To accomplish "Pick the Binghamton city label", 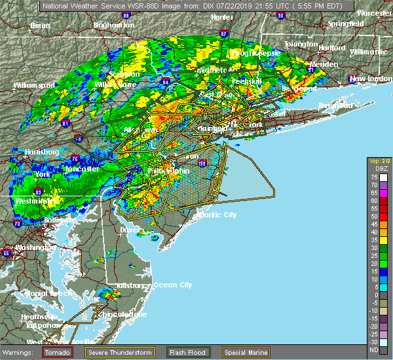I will pos(113,25).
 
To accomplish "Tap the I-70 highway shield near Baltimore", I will pos(16,224).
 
